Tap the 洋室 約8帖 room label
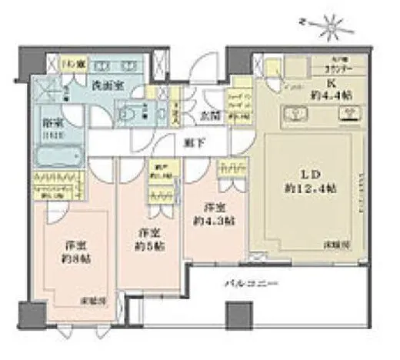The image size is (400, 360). tap(72, 252)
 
